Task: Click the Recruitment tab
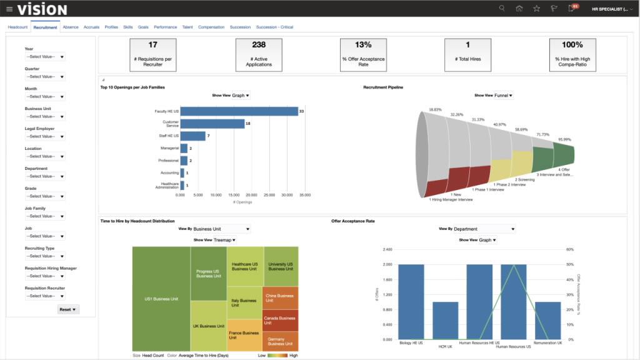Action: coord(46,27)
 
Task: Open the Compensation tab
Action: coord(211,27)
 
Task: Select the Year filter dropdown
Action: coord(45,57)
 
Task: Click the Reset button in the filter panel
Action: coord(67,309)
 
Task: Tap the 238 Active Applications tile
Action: coord(259,54)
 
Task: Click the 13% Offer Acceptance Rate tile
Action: coord(363,54)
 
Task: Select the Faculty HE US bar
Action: coord(239,111)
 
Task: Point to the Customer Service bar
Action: coord(212,124)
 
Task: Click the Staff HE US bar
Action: coord(193,136)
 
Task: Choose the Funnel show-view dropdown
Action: coord(503,96)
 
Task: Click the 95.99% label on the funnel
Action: coord(564,139)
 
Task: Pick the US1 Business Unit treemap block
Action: coord(161,299)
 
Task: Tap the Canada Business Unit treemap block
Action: coord(281,321)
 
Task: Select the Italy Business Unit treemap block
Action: coord(244,303)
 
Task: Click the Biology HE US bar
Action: coord(411,302)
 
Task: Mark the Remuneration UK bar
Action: coord(547,321)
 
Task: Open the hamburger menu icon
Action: coord(9,9)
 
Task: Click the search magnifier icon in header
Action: coord(502,8)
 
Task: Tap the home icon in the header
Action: coord(519,8)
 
